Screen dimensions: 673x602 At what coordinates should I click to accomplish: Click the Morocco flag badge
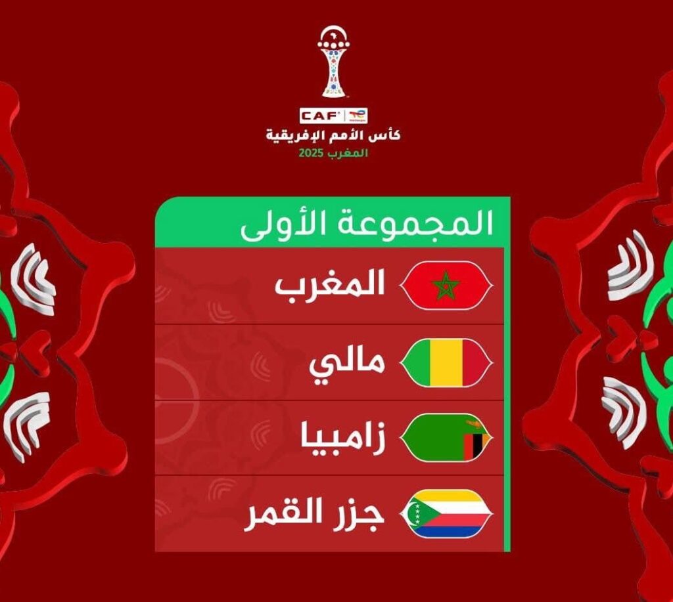click(446, 285)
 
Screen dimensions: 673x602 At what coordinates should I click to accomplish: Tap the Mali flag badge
click(446, 363)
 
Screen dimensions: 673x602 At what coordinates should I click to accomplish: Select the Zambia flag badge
click(446, 438)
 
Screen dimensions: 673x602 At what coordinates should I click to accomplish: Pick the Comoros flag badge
click(446, 513)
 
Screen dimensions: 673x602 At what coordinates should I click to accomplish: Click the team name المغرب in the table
click(329, 285)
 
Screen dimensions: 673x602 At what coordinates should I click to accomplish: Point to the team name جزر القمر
click(313, 513)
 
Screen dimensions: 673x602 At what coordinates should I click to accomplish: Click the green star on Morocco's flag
click(446, 285)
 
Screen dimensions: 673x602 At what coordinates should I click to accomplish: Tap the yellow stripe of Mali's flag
click(446, 363)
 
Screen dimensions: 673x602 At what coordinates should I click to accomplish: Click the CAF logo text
click(320, 115)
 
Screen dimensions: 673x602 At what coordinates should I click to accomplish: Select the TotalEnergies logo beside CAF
click(356, 116)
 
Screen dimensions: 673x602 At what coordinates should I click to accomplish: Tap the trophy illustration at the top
click(333, 62)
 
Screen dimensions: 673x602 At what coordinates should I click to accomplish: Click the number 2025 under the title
click(311, 153)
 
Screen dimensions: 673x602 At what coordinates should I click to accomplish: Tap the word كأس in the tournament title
click(388, 135)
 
